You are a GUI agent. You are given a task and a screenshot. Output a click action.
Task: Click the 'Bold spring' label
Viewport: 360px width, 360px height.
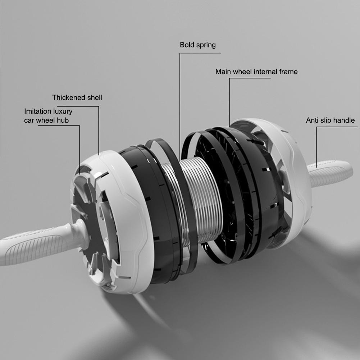(x=198, y=45)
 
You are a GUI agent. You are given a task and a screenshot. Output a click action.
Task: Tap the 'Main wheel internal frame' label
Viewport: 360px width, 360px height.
(x=256, y=72)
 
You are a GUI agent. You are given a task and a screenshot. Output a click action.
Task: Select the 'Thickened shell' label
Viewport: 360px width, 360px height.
(x=77, y=97)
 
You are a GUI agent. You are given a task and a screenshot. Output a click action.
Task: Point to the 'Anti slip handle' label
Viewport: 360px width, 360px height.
(x=330, y=120)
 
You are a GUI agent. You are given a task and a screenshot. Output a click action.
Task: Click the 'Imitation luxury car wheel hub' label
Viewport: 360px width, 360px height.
(x=48, y=116)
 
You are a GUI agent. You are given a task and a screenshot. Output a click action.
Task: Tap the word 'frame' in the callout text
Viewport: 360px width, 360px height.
(x=288, y=72)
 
